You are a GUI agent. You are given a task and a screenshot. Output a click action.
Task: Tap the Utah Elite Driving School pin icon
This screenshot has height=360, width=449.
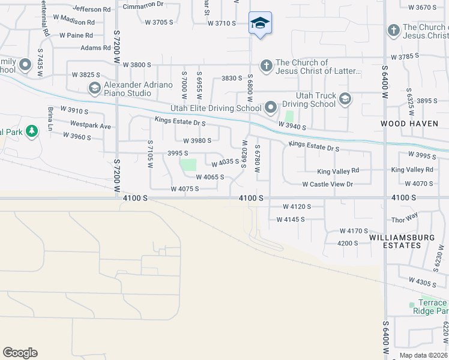tap(271, 108)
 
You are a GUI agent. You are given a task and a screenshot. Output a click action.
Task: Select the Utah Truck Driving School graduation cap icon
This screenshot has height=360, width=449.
tap(345, 99)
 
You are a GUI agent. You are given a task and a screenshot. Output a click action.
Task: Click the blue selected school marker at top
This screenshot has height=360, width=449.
tap(259, 23)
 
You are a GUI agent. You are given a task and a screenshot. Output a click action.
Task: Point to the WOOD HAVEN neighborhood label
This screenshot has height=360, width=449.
tap(406, 123)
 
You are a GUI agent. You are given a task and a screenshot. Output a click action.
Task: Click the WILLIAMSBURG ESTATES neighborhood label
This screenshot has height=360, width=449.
tap(402, 241)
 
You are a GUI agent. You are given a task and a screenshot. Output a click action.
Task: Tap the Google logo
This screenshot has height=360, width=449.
tap(20, 353)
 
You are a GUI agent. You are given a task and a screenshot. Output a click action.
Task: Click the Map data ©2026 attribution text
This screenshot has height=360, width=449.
tap(423, 355)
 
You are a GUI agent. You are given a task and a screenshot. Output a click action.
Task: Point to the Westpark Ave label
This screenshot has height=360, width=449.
tap(91, 126)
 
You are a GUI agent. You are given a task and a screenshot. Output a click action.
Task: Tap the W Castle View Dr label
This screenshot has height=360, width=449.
tap(327, 184)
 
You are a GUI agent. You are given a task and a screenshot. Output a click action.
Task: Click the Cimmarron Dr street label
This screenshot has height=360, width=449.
tap(143, 4)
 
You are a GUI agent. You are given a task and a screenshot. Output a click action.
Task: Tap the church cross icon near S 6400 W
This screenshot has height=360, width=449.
tap(393, 30)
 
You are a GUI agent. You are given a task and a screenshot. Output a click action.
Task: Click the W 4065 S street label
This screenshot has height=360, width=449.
tap(209, 177)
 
